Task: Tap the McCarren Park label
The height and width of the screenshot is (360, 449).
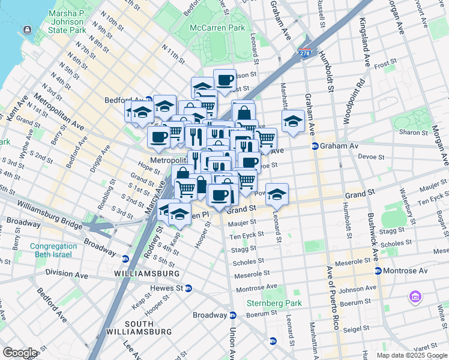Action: (x=217, y=28)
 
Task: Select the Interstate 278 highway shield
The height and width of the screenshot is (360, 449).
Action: (x=306, y=54)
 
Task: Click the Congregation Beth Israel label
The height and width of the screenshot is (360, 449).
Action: (x=53, y=250)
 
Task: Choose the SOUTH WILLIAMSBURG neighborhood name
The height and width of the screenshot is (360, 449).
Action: (x=130, y=328)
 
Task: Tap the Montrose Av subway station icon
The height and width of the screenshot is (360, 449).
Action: (x=378, y=271)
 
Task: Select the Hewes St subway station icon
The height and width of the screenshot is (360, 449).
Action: (x=188, y=288)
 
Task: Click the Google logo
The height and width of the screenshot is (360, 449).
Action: (x=20, y=352)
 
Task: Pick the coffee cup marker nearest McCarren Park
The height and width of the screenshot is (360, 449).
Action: (x=224, y=80)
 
